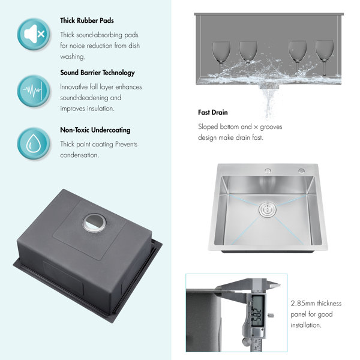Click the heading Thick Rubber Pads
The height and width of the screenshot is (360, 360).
(87, 20)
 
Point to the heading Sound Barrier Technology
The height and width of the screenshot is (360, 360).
(97, 73)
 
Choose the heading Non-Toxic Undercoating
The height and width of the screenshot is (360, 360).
(95, 130)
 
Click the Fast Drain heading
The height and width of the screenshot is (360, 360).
(213, 112)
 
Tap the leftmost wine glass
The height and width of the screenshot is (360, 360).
(221, 55)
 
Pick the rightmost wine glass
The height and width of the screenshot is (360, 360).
(324, 55)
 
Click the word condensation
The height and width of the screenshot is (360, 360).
(80, 155)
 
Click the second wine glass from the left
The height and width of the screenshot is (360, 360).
(248, 55)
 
